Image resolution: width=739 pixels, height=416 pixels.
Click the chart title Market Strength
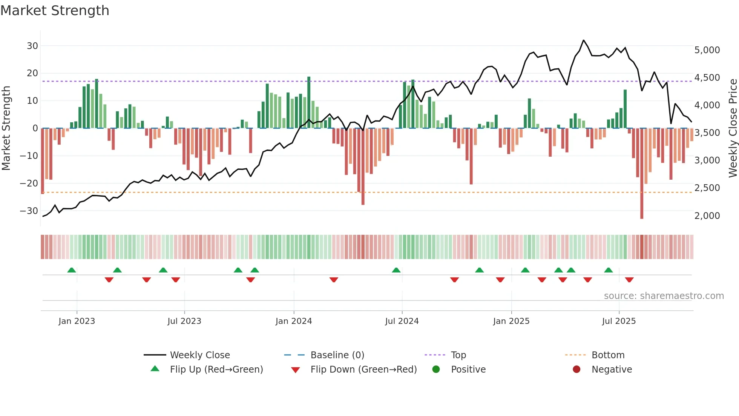[55, 11]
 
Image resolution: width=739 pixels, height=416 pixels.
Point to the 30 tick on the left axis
[32, 46]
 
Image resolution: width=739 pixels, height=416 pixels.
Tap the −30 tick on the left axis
[29, 211]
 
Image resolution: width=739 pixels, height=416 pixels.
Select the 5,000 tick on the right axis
[707, 50]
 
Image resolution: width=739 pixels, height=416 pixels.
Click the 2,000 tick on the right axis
[707, 216]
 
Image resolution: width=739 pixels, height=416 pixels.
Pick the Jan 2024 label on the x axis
[294, 321]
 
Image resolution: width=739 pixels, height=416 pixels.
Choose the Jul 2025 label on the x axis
[619, 321]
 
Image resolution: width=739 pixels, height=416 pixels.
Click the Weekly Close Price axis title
[733, 128]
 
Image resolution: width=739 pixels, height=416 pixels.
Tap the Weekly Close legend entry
[199, 355]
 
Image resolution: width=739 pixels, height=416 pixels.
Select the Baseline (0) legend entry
[337, 355]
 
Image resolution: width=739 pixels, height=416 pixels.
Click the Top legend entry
[458, 355]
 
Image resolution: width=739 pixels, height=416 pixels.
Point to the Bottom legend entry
[608, 355]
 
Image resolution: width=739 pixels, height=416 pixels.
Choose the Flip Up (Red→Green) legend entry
[216, 370]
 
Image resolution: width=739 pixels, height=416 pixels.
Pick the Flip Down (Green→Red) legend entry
[363, 370]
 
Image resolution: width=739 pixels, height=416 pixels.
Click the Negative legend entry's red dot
[576, 370]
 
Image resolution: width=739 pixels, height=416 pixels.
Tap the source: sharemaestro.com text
[664, 296]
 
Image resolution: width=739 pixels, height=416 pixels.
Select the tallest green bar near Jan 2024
[309, 102]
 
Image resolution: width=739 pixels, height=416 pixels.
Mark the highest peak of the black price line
[584, 40]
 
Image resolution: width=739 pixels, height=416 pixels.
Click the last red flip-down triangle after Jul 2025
[629, 280]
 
